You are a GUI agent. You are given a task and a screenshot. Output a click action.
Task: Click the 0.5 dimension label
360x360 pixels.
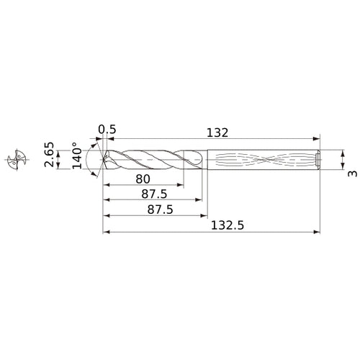pyautogui.click(x=107, y=130)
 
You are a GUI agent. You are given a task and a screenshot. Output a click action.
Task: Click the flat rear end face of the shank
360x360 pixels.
pyautogui.click(x=320, y=160)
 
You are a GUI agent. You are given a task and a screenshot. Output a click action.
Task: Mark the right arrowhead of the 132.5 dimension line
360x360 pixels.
pyautogui.click(x=318, y=233)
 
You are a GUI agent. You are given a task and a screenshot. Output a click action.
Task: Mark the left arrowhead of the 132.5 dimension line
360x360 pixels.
pyautogui.click(x=106, y=233)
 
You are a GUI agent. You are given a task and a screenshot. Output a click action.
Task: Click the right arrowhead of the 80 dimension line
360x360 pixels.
pyautogui.click(x=181, y=185)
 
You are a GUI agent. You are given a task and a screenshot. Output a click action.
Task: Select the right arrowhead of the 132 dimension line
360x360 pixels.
pyautogui.click(x=318, y=139)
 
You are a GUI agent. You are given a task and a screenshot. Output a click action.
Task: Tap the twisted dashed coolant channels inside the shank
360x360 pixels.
pyautogui.click(x=259, y=160)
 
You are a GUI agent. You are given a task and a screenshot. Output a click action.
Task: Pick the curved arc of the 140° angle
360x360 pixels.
pyautogui.click(x=88, y=160)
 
